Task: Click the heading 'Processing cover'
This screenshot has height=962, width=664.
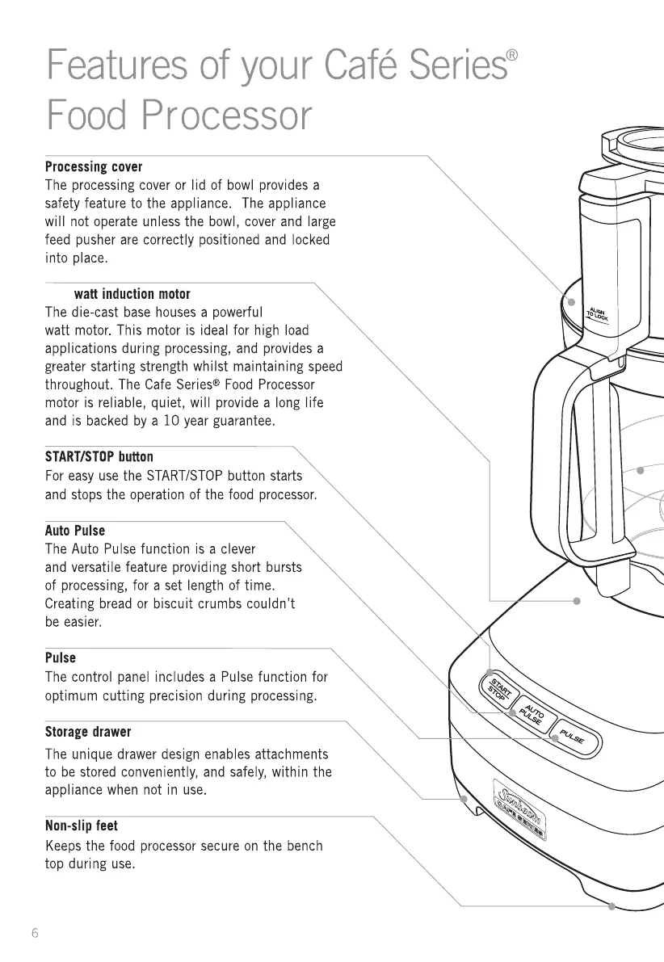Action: click(x=93, y=167)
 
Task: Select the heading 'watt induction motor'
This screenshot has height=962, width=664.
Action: click(x=132, y=293)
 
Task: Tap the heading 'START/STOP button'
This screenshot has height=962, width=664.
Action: click(x=99, y=456)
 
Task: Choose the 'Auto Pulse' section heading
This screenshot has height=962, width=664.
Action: click(x=74, y=531)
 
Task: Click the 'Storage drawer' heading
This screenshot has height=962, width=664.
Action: click(x=87, y=732)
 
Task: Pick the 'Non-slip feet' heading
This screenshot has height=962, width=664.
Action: click(x=81, y=826)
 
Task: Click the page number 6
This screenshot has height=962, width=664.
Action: click(x=35, y=933)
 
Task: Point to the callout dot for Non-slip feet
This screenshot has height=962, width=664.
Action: click(x=612, y=906)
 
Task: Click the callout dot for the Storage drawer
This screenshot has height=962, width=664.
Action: click(x=464, y=799)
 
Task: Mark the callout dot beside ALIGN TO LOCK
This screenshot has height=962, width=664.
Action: click(x=570, y=301)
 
